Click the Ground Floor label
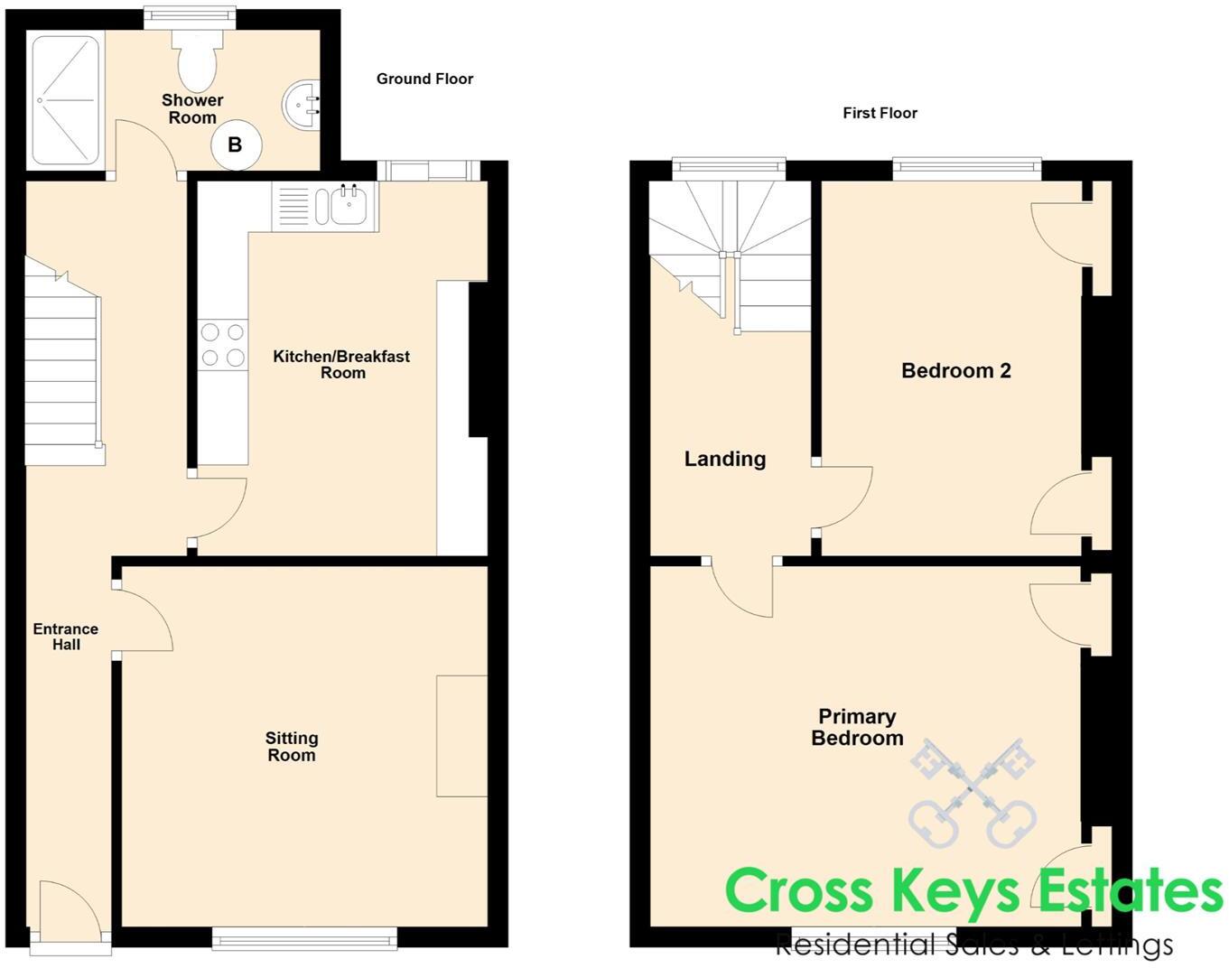(x=424, y=79)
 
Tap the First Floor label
(x=880, y=113)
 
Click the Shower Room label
(x=192, y=108)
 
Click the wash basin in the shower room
(x=302, y=105)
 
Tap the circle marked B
(x=236, y=144)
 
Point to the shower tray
(x=65, y=99)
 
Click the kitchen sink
(x=347, y=207)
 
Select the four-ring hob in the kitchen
(x=223, y=345)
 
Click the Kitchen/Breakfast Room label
(x=341, y=364)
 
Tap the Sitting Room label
(x=292, y=747)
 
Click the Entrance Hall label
(x=66, y=637)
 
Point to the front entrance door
(x=70, y=912)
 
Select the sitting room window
(x=304, y=940)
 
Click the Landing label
(x=724, y=459)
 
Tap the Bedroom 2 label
(x=955, y=370)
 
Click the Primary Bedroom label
(x=857, y=727)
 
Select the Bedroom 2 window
(x=966, y=168)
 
